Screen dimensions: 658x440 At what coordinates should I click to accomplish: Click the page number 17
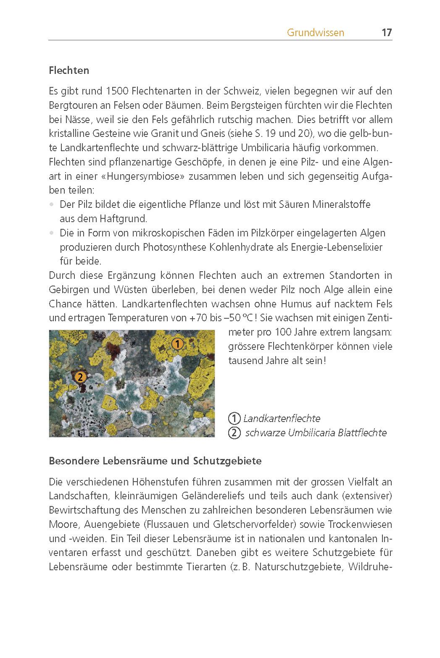[386, 33]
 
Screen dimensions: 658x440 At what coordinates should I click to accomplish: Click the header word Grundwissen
[316, 33]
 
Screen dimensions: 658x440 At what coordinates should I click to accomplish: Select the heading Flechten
[69, 71]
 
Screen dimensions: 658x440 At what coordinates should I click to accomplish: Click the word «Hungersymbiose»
[143, 176]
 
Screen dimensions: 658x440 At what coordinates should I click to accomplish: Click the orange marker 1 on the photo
[177, 344]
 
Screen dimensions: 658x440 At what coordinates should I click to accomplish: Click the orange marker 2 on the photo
[80, 377]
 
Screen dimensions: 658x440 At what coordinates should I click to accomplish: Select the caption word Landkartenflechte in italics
[282, 419]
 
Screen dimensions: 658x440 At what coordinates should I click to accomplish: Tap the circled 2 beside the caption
[234, 433]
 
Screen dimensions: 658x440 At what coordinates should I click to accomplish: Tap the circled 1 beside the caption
[234, 419]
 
